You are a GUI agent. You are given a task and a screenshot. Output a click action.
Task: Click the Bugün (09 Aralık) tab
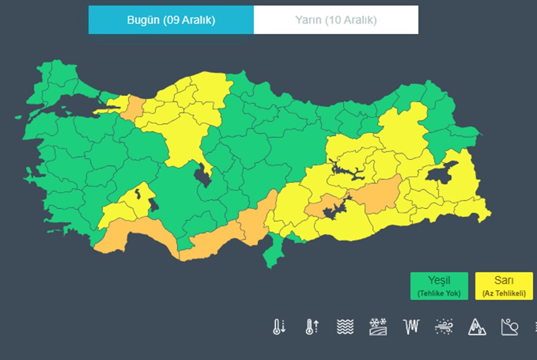(x=171, y=20)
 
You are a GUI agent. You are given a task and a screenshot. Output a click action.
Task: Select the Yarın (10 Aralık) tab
(x=336, y=20)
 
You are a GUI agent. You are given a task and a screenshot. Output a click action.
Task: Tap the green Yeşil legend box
(x=439, y=286)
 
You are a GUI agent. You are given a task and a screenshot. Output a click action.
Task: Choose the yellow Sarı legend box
(x=504, y=286)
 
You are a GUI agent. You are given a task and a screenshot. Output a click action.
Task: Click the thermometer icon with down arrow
(x=279, y=326)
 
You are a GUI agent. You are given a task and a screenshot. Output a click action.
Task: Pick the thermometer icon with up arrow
(x=312, y=326)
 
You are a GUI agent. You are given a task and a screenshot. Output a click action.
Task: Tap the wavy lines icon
(x=345, y=326)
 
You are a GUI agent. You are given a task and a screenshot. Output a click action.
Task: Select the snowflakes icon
(x=378, y=326)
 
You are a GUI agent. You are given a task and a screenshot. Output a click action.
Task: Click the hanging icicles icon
(x=411, y=326)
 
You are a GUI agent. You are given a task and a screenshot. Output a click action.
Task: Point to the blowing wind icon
(x=444, y=326)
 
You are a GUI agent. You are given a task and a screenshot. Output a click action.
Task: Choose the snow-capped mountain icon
(x=476, y=326)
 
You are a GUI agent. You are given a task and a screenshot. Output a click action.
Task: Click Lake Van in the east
(x=441, y=173)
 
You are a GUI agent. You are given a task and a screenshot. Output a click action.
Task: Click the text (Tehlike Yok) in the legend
(x=439, y=293)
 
